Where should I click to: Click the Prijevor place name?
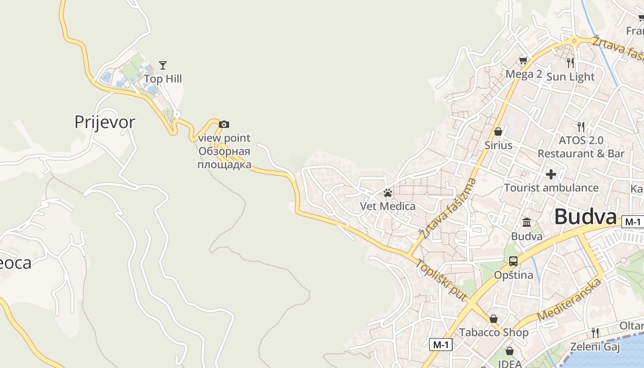coord(105,122)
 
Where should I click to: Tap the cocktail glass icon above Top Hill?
coord(162,65)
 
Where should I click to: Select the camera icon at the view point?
coord(224,124)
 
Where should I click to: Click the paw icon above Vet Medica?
coord(388,193)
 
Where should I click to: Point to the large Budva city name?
coord(585,217)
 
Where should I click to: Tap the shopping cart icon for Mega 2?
coord(523,60)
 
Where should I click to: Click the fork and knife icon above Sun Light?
coord(570,63)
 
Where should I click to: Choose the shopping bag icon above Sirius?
coord(498,132)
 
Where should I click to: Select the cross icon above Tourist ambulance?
coord(551,174)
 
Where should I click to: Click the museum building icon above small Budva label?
coord(527,223)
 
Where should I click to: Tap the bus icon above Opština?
coord(513,261)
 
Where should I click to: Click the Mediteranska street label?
coord(569,299)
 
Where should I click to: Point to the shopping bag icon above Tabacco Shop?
coord(494,319)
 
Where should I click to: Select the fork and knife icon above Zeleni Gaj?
coord(595,333)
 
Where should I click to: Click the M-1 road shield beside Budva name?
coord(632,222)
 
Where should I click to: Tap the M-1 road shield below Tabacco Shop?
coord(441,344)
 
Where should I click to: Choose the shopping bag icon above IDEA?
coord(509,351)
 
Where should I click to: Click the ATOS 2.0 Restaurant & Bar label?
coord(581,147)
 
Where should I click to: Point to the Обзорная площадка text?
coord(224,158)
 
